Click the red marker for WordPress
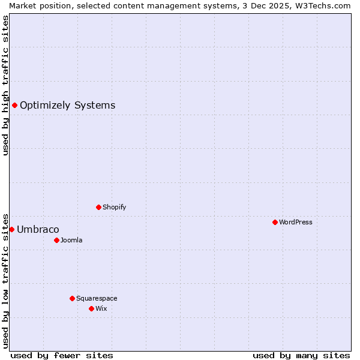click(x=275, y=222)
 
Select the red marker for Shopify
click(x=98, y=207)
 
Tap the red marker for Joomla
click(x=56, y=240)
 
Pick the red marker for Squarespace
click(x=72, y=298)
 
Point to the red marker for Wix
click(x=91, y=308)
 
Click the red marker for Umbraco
click(x=11, y=229)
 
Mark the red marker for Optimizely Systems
click(x=14, y=106)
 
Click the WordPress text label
click(x=296, y=222)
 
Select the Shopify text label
click(x=115, y=207)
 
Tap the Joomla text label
click(x=71, y=240)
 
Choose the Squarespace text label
click(x=97, y=298)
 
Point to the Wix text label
click(x=101, y=308)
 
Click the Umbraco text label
click(x=38, y=229)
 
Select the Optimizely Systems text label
click(x=67, y=106)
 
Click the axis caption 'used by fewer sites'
click(x=62, y=355)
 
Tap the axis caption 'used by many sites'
click(x=301, y=355)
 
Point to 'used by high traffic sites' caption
click(x=5, y=85)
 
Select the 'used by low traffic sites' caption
click(x=5, y=280)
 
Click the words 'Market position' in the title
click(x=37, y=5)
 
